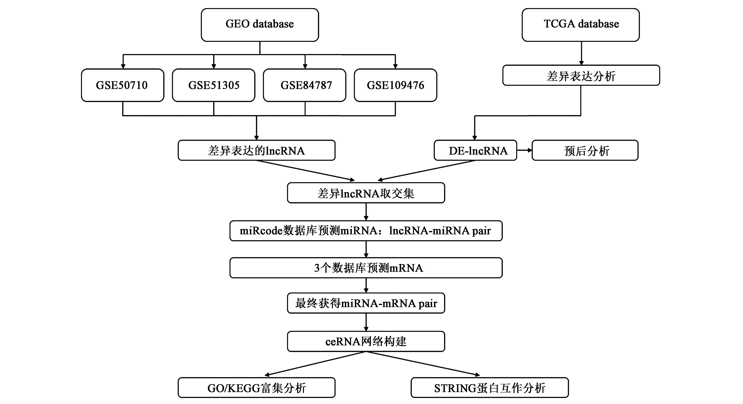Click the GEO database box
(x=260, y=25)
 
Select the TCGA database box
(x=581, y=25)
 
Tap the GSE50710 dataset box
(x=123, y=85)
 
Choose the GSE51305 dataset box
(x=213, y=85)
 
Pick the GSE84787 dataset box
(x=305, y=85)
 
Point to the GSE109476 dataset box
(x=395, y=85)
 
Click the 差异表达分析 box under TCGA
(x=581, y=75)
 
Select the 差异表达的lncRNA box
(x=256, y=150)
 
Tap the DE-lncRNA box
(x=475, y=150)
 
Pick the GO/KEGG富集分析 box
(x=256, y=388)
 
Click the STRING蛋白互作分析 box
(x=489, y=388)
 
